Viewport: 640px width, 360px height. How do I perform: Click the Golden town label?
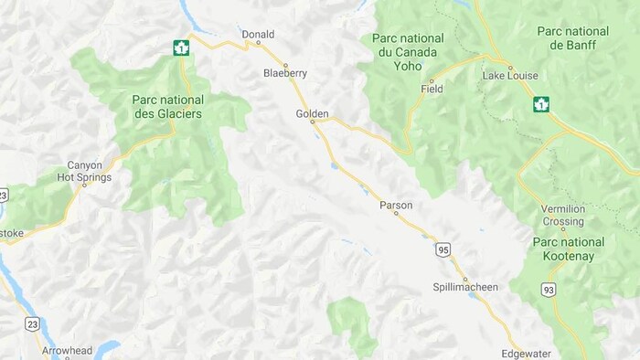pyautogui.click(x=312, y=113)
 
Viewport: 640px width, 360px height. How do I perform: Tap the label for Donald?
pyautogui.click(x=258, y=35)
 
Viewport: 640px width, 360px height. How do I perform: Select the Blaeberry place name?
pyautogui.click(x=284, y=72)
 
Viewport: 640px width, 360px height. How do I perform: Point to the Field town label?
pyautogui.click(x=432, y=90)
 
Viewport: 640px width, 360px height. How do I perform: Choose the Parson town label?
pyautogui.click(x=396, y=206)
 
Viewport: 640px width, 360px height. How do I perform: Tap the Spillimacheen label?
pyautogui.click(x=465, y=287)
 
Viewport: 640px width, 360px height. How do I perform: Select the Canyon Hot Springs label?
pyautogui.click(x=90, y=171)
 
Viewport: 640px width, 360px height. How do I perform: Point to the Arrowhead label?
pyautogui.click(x=65, y=351)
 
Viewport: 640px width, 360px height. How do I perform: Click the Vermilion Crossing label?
pyautogui.click(x=562, y=215)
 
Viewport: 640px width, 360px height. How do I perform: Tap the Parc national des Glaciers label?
pyautogui.click(x=166, y=106)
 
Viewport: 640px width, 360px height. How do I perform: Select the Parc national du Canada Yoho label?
pyautogui.click(x=408, y=53)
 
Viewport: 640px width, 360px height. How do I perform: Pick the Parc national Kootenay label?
pyautogui.click(x=568, y=249)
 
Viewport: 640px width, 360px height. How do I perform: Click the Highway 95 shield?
pyautogui.click(x=443, y=249)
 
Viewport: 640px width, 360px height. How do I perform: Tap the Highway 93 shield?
pyautogui.click(x=549, y=290)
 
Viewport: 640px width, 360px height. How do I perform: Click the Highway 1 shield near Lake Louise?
pyautogui.click(x=541, y=104)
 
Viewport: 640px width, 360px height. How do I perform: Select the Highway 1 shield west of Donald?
pyautogui.click(x=181, y=47)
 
